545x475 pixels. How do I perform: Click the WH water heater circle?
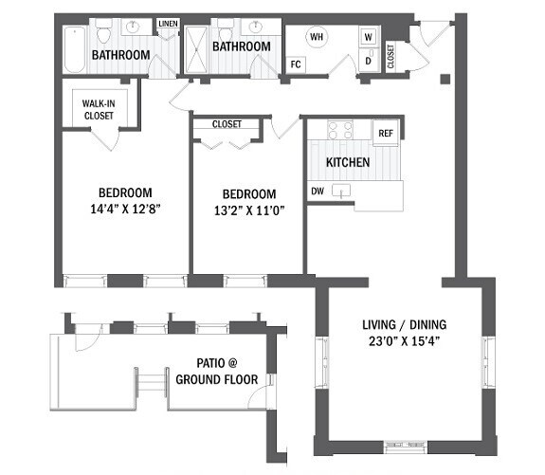[316, 38]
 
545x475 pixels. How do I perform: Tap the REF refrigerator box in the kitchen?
[386, 134]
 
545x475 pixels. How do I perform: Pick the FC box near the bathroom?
[296, 64]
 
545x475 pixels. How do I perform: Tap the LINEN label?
[168, 24]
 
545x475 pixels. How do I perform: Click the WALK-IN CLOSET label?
[99, 109]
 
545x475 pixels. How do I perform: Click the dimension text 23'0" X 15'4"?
[403, 341]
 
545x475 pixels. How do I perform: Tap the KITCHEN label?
[348, 162]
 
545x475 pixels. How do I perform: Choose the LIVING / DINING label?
[404, 322]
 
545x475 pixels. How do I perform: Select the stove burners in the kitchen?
[338, 130]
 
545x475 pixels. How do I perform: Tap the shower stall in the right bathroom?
[196, 47]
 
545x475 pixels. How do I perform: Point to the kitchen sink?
[348, 193]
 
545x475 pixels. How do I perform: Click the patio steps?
[152, 384]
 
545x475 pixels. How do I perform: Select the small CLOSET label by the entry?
[391, 57]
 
